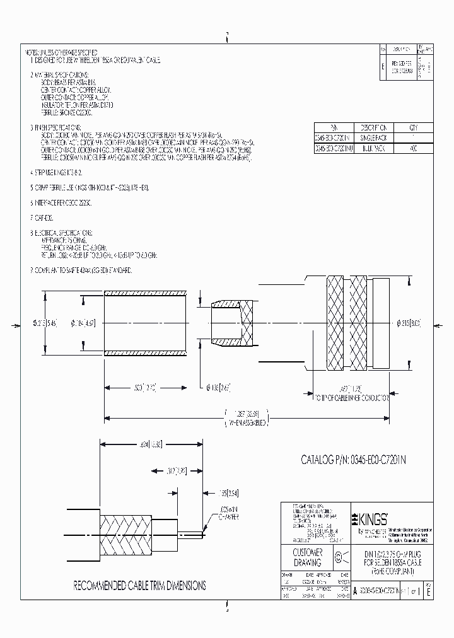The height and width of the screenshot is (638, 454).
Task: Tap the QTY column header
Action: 413,127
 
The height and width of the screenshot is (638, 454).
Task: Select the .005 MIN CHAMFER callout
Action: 221,511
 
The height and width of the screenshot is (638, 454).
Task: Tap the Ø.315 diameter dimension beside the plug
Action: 408,324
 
